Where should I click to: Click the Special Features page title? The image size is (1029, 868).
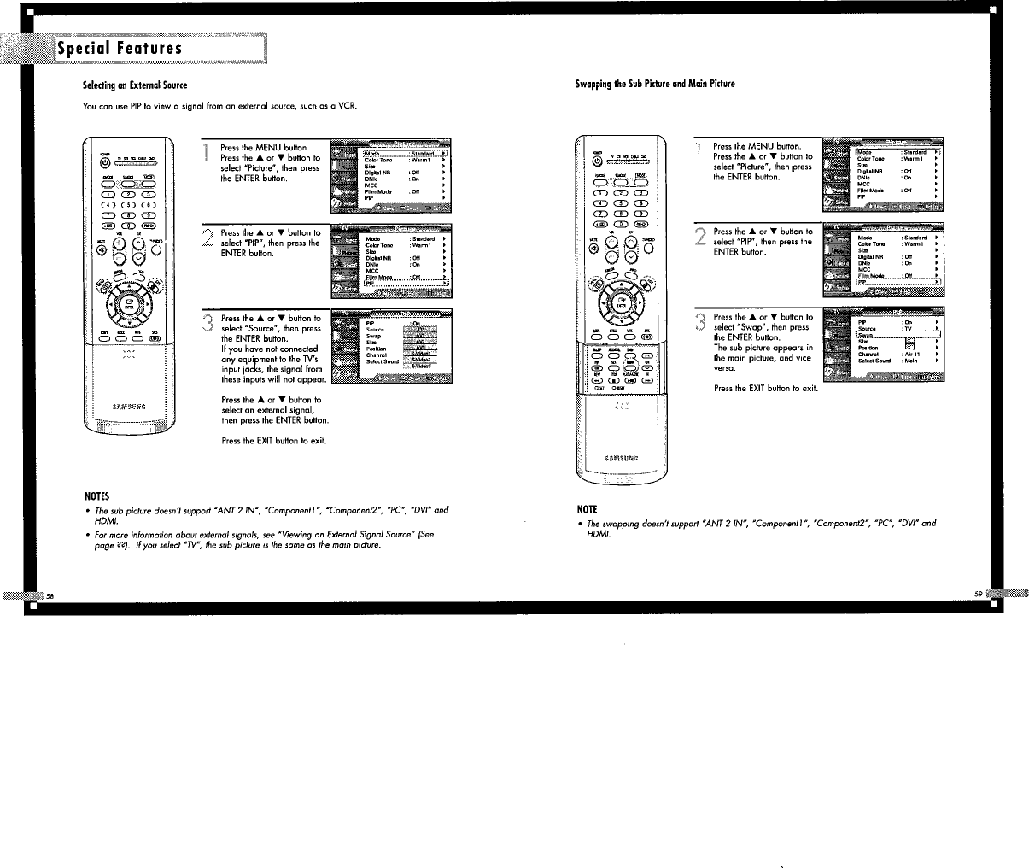[x=120, y=49]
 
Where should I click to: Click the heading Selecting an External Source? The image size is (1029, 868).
[x=134, y=85]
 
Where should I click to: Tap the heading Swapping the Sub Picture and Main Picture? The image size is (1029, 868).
[x=656, y=84]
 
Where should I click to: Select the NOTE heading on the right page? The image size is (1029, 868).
[x=588, y=511]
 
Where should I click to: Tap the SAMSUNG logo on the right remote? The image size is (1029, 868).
[x=621, y=458]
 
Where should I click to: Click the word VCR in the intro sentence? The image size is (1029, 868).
[x=348, y=106]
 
